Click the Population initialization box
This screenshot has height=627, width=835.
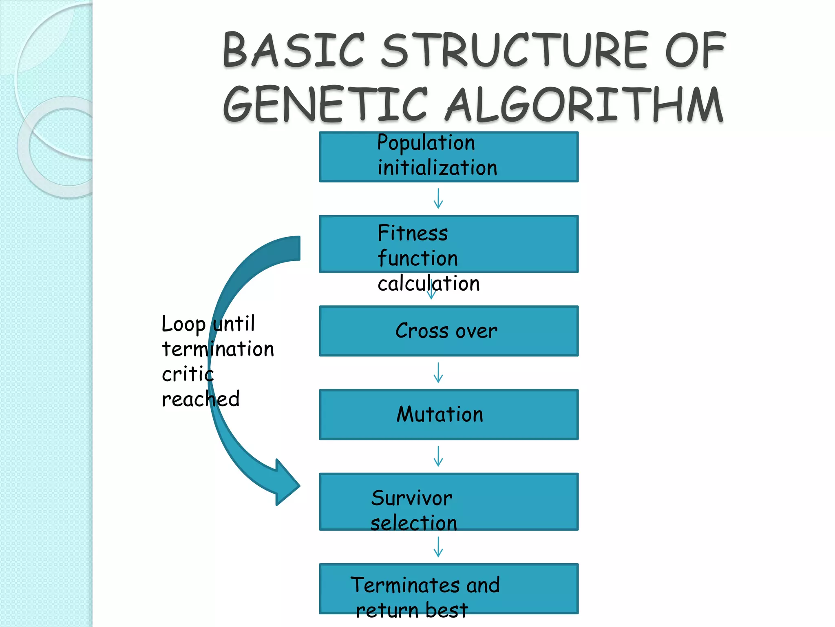(x=448, y=157)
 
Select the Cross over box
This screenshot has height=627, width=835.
(x=448, y=331)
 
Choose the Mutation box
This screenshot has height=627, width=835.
(x=448, y=414)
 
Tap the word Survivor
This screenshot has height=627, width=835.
(x=412, y=498)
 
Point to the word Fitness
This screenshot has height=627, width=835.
(x=413, y=233)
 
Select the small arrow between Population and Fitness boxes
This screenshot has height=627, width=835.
(x=438, y=199)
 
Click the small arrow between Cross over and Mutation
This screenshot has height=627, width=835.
(x=438, y=373)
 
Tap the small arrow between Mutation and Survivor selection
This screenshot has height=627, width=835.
(x=438, y=456)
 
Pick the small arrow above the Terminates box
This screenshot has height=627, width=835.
(x=438, y=547)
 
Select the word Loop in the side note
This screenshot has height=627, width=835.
(x=183, y=325)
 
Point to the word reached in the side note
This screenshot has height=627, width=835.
(x=201, y=399)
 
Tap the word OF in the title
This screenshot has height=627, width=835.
(x=695, y=50)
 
